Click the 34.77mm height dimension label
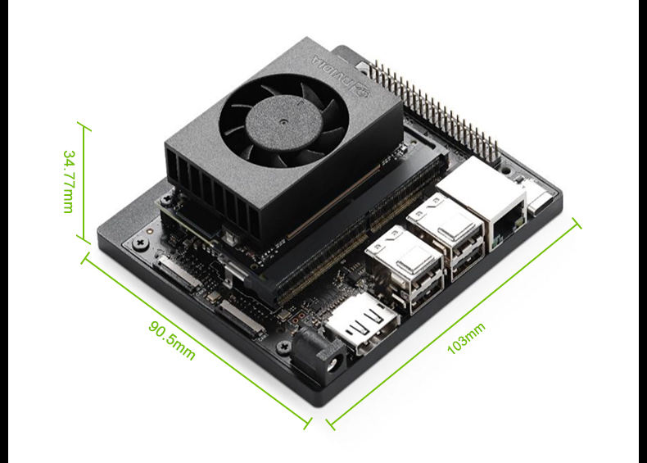(69, 182)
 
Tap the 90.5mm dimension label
(172, 340)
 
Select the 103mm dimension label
(466, 338)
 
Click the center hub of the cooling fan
(284, 122)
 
